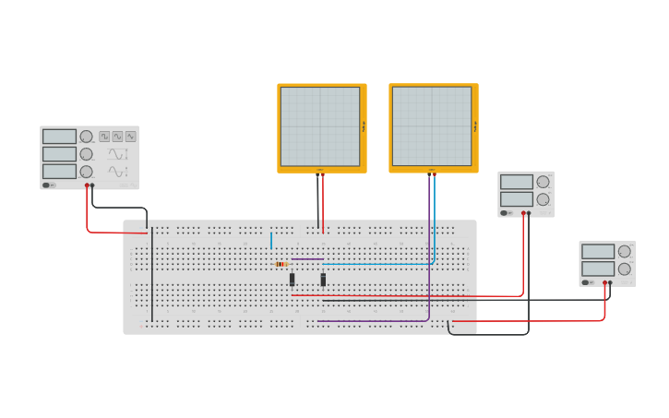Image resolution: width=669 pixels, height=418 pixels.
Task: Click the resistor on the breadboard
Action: tap(281, 264)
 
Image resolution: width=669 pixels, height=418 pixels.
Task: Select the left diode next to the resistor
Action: tap(293, 279)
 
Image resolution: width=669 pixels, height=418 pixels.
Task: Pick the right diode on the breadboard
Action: tap(323, 279)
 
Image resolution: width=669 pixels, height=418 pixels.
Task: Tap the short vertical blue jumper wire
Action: tap(271, 241)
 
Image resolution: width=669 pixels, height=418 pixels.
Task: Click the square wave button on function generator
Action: tap(104, 137)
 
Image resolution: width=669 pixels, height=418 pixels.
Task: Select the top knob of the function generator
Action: tap(86, 137)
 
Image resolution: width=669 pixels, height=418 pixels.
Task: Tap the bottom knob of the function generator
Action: tap(86, 172)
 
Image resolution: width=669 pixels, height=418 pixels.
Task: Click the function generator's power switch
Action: tap(48, 185)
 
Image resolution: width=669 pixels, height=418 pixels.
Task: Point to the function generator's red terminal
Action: tap(87, 185)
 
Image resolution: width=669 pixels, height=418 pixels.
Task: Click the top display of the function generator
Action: tap(59, 137)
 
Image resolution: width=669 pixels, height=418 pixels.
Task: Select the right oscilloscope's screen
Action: tap(431, 126)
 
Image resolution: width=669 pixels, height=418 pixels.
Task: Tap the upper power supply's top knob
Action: tap(543, 182)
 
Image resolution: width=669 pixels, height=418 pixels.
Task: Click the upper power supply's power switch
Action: tap(506, 213)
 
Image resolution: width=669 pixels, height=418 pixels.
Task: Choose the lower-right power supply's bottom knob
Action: tap(625, 269)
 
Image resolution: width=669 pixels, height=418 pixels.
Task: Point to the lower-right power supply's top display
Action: tap(598, 251)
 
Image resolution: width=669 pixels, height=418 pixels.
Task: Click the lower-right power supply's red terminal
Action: tap(604, 283)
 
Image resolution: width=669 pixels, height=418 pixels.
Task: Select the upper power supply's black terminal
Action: tap(529, 213)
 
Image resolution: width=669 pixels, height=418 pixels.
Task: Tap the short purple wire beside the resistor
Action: tap(306, 259)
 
